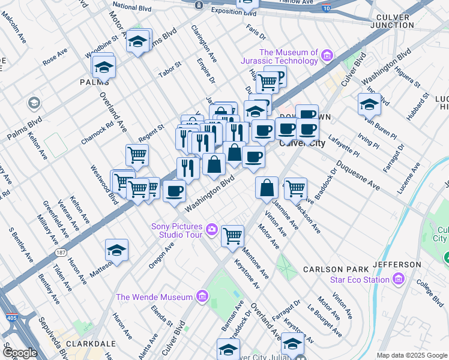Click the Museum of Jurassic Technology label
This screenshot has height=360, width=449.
click(x=288, y=56)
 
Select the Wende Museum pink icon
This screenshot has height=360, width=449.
click(x=202, y=296)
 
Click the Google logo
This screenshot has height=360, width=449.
click(x=20, y=353)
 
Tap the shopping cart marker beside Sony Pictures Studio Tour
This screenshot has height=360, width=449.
click(x=232, y=235)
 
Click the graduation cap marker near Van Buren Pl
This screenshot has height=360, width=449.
click(x=369, y=104)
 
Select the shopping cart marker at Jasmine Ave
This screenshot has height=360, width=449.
click(x=295, y=188)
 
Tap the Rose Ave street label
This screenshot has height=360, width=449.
click(x=55, y=58)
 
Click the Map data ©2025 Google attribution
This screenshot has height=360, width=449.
click(x=412, y=355)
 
